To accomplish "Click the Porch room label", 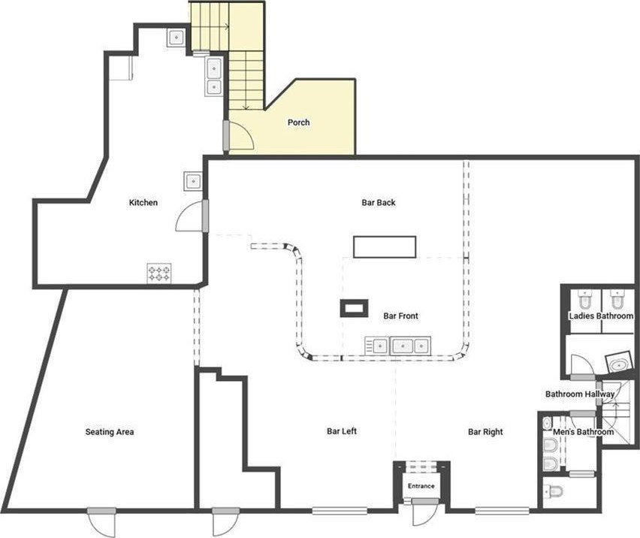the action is click(x=298, y=122).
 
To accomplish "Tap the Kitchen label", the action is click(x=143, y=202).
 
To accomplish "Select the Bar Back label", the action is click(x=379, y=202).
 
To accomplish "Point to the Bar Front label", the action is click(x=401, y=316).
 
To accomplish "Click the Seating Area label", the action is click(x=110, y=432).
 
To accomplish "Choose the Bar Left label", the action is click(x=342, y=431).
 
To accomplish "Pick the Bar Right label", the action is click(x=485, y=432).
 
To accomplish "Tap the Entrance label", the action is click(x=421, y=485).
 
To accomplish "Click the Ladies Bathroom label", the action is click(x=601, y=316).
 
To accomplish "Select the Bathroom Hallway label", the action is click(x=580, y=394).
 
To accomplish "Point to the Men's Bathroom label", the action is click(x=583, y=432).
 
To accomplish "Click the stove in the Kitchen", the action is click(x=159, y=273).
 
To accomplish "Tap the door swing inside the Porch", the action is click(x=242, y=136).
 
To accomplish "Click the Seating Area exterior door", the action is click(x=102, y=523).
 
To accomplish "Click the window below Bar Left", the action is click(x=340, y=510).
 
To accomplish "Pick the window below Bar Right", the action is click(x=502, y=510).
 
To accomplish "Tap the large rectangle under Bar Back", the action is click(x=385, y=247).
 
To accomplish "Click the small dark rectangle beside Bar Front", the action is click(x=354, y=308).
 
